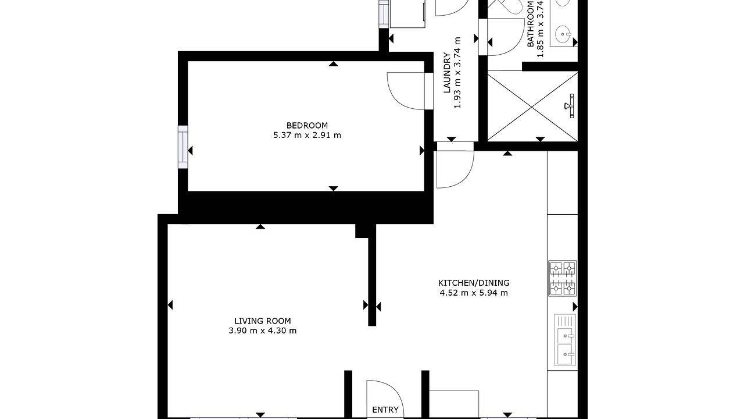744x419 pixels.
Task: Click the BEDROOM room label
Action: pyautogui.click(x=307, y=125)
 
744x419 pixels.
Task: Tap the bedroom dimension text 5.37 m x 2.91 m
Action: pyautogui.click(x=307, y=135)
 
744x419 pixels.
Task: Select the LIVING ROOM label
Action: pyautogui.click(x=263, y=321)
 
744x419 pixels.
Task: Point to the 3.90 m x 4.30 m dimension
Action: pyautogui.click(x=263, y=331)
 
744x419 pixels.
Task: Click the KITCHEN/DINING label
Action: pyautogui.click(x=474, y=283)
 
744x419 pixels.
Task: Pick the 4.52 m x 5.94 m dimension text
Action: pyautogui.click(x=474, y=293)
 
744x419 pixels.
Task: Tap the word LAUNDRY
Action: pyautogui.click(x=447, y=73)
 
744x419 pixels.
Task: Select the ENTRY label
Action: pyautogui.click(x=385, y=410)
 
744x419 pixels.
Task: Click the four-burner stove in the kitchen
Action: pyautogui.click(x=562, y=278)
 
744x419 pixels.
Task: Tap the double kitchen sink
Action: pyautogui.click(x=564, y=343)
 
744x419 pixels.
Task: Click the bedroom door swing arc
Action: pyautogui.click(x=407, y=91)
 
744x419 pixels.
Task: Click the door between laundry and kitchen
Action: pyautogui.click(x=455, y=169)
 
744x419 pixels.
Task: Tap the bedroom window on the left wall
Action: pyautogui.click(x=183, y=147)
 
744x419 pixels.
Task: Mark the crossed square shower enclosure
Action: pyautogui.click(x=532, y=106)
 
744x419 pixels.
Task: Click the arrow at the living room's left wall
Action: pyautogui.click(x=170, y=304)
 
